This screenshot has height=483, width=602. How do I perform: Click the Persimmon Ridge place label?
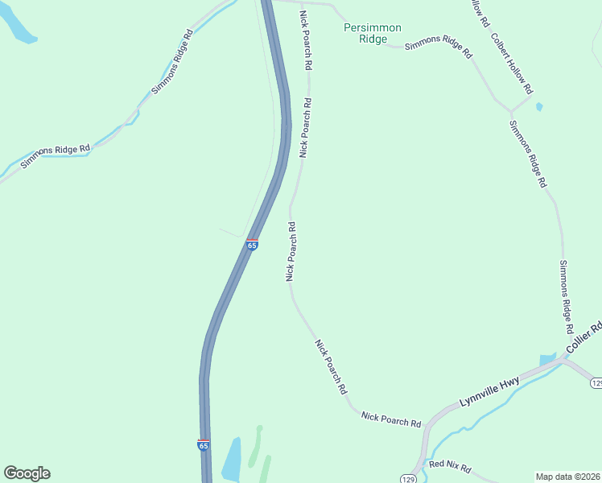(372, 33)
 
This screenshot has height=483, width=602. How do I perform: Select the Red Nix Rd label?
(449, 467)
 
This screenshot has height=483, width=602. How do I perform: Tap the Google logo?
(27, 473)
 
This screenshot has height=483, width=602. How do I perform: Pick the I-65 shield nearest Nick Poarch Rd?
(252, 244)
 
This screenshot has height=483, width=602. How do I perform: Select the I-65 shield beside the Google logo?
(203, 444)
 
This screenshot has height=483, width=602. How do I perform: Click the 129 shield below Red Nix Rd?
(407, 478)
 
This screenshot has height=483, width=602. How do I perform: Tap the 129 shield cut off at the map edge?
(596, 382)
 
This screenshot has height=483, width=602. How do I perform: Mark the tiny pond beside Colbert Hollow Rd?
(538, 105)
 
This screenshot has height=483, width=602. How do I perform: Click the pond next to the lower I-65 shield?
(231, 460)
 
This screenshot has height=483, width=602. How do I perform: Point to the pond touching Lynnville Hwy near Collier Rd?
(547, 359)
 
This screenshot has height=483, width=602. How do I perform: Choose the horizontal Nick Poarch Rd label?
(391, 419)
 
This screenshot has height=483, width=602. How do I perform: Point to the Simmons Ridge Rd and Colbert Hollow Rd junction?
(510, 110)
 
